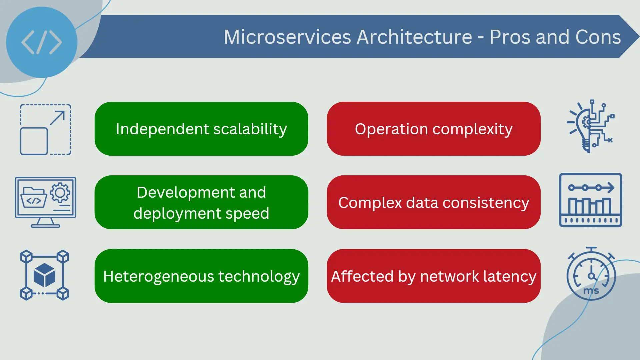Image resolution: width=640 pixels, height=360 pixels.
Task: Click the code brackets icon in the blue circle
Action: (x=42, y=42)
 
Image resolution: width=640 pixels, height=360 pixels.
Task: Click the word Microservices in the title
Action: (x=287, y=37)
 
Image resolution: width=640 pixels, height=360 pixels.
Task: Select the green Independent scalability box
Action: (x=201, y=129)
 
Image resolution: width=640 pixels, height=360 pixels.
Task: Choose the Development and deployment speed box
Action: (x=201, y=202)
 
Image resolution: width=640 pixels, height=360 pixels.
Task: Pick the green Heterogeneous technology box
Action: (x=201, y=276)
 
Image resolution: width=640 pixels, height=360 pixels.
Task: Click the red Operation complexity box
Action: (x=434, y=129)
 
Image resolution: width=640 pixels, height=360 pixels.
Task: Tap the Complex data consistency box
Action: (x=434, y=202)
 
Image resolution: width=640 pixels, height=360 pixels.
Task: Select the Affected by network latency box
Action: (x=434, y=276)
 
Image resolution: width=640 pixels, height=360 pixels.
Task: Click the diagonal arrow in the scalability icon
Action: (x=57, y=118)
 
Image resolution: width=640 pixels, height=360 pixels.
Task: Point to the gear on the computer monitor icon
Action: (x=60, y=192)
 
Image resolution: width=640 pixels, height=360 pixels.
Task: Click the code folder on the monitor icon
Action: (x=33, y=197)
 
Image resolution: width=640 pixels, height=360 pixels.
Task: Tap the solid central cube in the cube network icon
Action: (x=44, y=275)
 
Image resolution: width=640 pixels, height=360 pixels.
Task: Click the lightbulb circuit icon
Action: (x=590, y=126)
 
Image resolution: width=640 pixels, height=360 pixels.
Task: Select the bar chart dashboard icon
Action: (x=591, y=200)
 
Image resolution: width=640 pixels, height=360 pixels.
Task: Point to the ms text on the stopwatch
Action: (x=591, y=291)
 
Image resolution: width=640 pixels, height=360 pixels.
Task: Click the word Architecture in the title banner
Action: (x=414, y=37)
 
